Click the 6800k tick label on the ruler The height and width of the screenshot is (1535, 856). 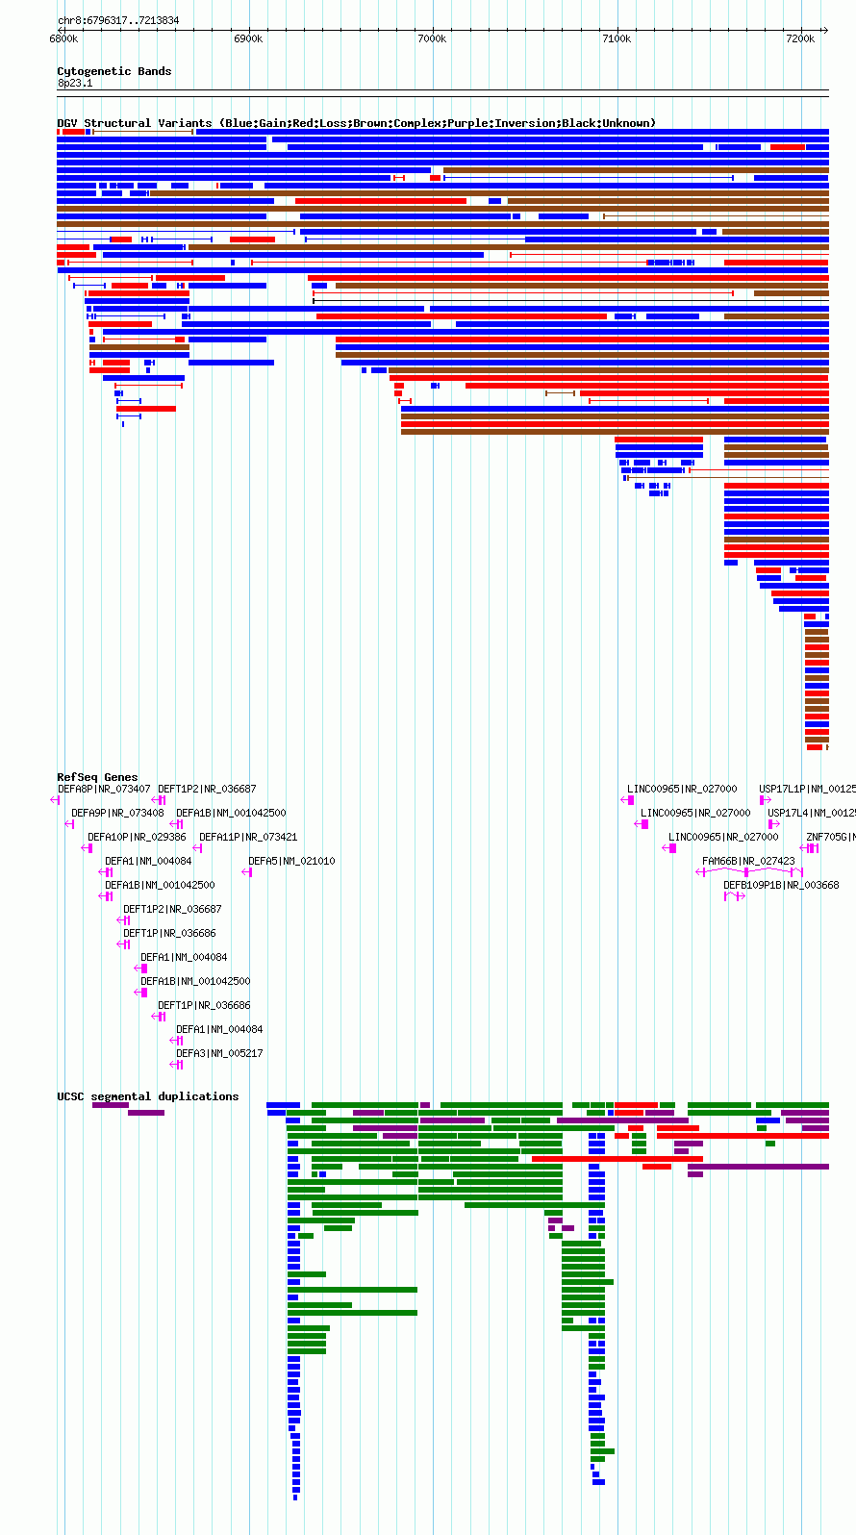tap(63, 38)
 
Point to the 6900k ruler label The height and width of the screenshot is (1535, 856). tap(248, 38)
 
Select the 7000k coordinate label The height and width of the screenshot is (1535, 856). tap(432, 38)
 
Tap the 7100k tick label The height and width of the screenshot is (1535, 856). tap(617, 38)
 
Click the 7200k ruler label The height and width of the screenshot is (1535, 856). tap(800, 38)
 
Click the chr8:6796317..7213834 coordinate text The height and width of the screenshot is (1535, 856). tap(118, 20)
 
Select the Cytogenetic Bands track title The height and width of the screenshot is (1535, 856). tap(113, 71)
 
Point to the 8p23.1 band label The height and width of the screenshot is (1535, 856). tap(75, 83)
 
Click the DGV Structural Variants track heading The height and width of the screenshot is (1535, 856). tap(356, 123)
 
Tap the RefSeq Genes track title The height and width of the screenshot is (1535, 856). tap(97, 777)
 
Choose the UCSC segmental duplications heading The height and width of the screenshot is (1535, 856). tap(147, 1096)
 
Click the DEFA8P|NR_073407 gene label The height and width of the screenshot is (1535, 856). tap(104, 789)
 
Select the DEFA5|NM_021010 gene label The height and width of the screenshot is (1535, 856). tap(291, 861)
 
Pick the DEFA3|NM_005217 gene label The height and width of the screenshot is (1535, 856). tap(219, 1053)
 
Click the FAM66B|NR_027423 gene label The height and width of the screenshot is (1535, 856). tap(748, 861)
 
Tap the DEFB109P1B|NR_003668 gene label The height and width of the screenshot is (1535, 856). tap(781, 885)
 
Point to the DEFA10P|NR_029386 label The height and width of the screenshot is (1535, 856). tap(137, 837)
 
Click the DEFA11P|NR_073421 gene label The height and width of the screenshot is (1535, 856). tap(248, 837)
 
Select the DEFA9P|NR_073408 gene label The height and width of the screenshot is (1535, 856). tap(117, 813)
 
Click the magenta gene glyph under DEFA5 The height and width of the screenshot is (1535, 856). tap(247, 872)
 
